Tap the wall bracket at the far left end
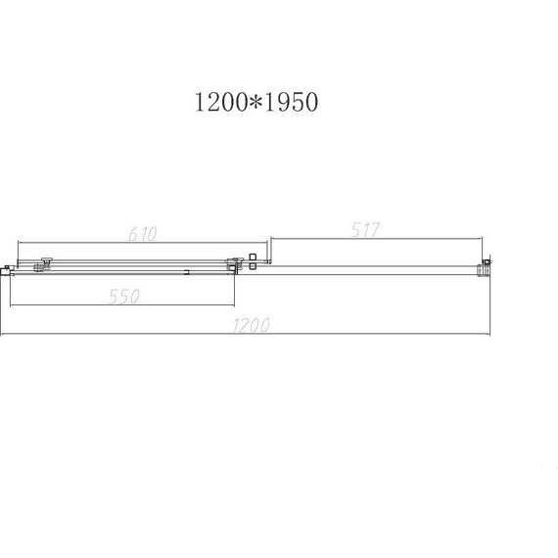[7, 267]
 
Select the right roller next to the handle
[232, 262]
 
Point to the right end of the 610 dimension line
[267, 242]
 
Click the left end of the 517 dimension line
[271, 237]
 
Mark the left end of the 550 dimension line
[10, 305]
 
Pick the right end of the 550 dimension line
[236, 305]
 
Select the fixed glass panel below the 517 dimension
[372, 268]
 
